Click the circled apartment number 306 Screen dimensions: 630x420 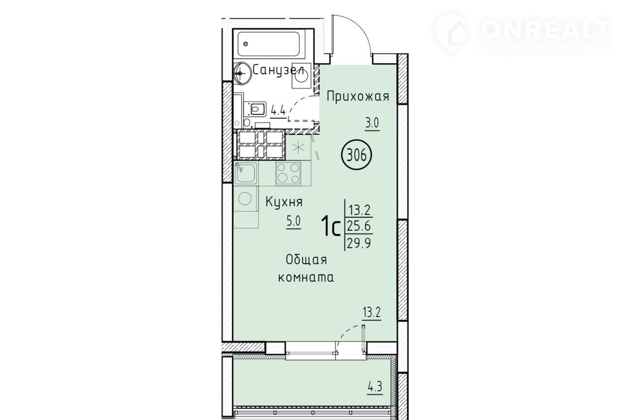(356, 155)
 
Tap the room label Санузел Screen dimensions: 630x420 (278, 69)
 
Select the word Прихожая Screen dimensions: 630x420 (358, 96)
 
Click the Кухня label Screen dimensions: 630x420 (284, 202)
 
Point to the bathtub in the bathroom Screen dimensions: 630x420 (269, 44)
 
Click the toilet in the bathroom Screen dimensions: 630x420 (255, 109)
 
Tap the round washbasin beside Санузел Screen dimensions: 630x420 (242, 73)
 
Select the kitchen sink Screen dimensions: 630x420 (246, 173)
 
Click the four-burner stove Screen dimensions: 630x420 (288, 174)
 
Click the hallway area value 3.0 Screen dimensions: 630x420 (372, 123)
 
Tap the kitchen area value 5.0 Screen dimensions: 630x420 (293, 221)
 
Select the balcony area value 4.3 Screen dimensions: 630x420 (375, 387)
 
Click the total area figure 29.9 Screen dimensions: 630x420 (358, 243)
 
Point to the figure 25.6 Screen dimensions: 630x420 (359, 226)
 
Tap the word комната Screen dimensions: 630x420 (306, 277)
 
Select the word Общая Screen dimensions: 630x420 (306, 260)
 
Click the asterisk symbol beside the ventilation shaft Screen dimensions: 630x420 (298, 148)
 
